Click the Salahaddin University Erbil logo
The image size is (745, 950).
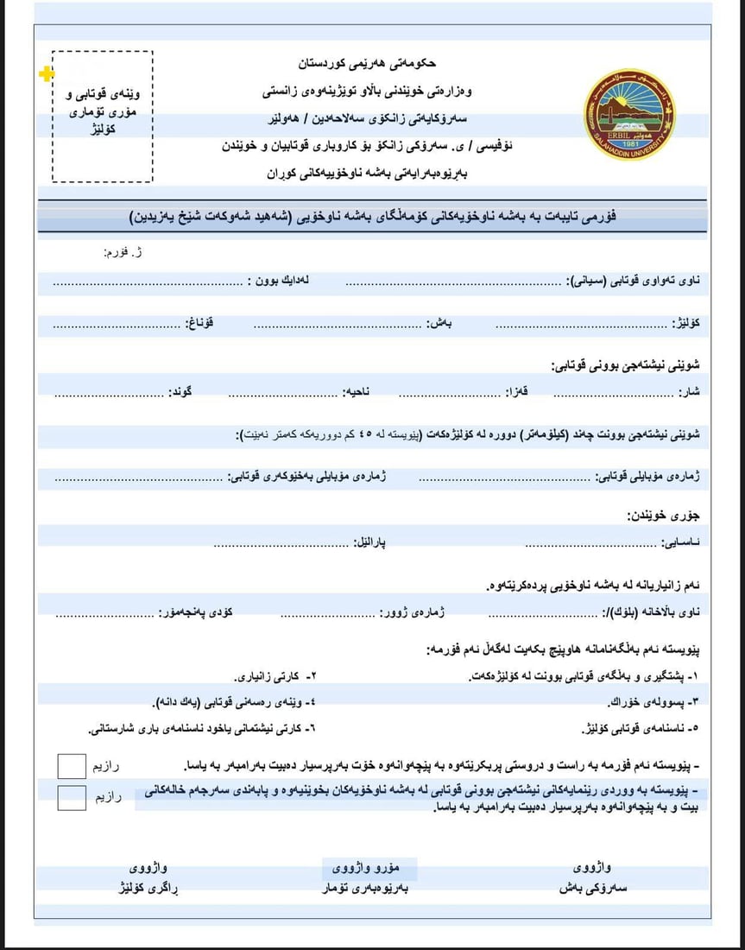628,111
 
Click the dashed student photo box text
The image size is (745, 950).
103,111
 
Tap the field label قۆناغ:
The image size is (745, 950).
199,324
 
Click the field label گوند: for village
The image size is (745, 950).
180,392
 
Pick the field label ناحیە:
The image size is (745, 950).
358,392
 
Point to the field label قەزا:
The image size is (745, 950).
517,392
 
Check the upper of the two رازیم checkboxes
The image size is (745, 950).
72,766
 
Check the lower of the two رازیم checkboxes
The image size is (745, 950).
72,797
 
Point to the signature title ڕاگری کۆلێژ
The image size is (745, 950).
151,888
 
